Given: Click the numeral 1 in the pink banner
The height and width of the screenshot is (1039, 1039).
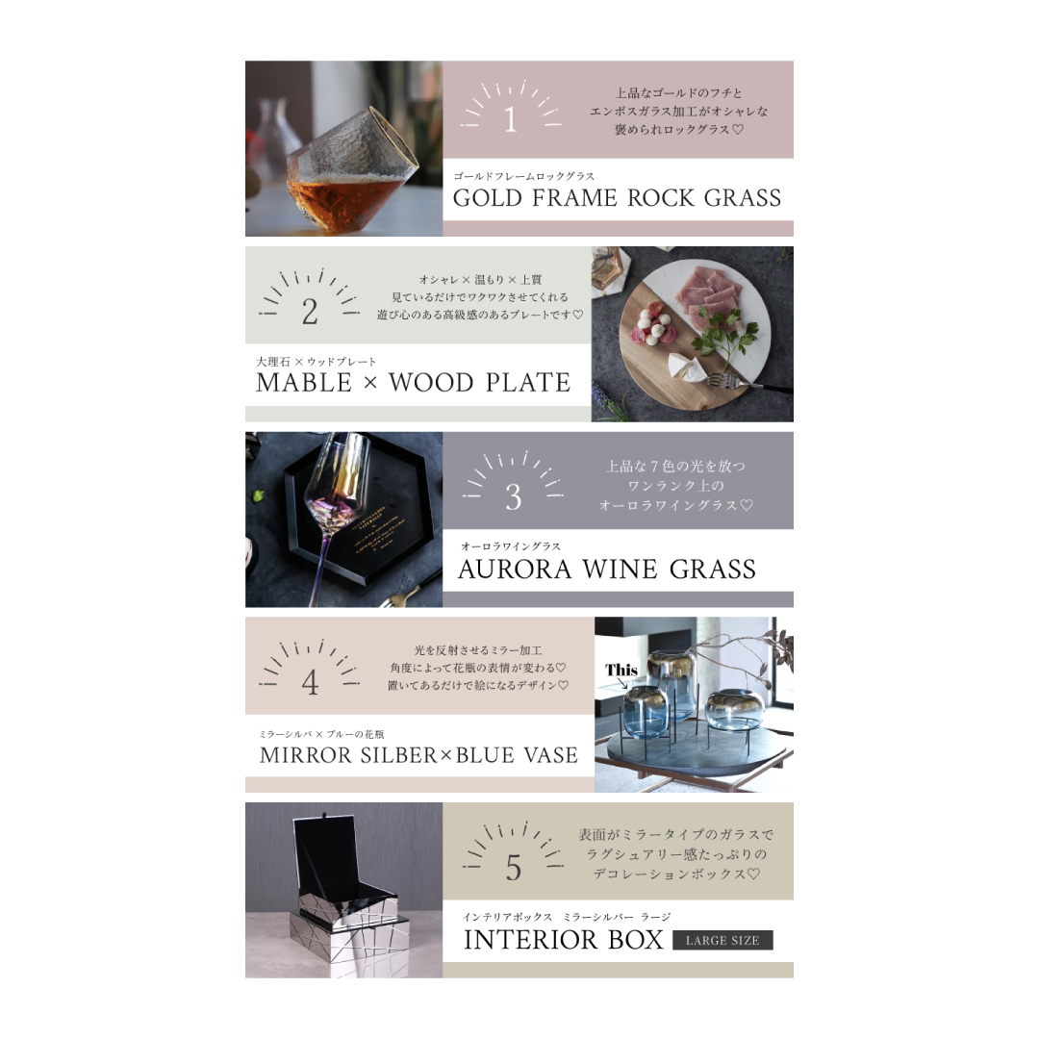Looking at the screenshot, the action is [510, 119].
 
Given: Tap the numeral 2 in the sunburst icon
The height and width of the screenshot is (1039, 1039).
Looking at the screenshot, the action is [310, 312].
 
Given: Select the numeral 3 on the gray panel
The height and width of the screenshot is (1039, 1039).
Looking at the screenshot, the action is [514, 497].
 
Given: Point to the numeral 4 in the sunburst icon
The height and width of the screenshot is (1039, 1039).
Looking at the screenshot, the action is [310, 682].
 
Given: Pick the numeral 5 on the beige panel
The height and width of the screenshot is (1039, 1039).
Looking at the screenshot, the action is [514, 868].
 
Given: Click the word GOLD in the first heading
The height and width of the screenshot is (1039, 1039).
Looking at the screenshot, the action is [488, 198].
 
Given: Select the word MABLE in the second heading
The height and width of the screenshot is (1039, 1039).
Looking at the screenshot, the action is [304, 382].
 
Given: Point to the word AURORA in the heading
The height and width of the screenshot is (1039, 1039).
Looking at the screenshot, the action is [514, 570].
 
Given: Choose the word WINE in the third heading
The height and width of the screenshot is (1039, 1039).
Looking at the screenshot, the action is [621, 570].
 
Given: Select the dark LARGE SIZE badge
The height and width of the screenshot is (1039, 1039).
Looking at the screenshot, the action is [722, 940].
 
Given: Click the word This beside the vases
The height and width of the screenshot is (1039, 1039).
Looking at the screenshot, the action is [621, 670].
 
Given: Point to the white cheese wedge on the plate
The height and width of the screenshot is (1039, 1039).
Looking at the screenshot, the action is [687, 367].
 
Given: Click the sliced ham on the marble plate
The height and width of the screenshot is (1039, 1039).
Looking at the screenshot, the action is [708, 294].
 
